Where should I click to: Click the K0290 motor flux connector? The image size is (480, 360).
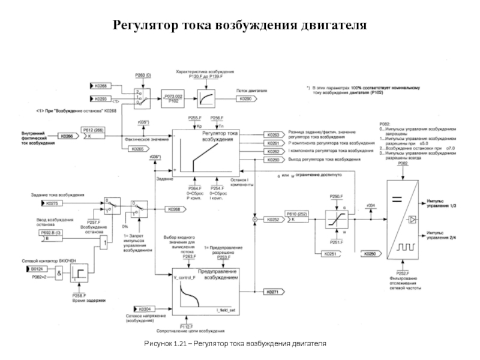[245, 98]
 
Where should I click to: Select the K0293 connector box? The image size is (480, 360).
[101, 98]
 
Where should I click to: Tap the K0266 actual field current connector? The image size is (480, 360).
[69, 137]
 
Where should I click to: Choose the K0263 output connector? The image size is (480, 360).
[273, 135]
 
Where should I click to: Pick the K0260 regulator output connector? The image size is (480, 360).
[273, 160]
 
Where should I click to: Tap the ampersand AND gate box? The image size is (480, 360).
[59, 273]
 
